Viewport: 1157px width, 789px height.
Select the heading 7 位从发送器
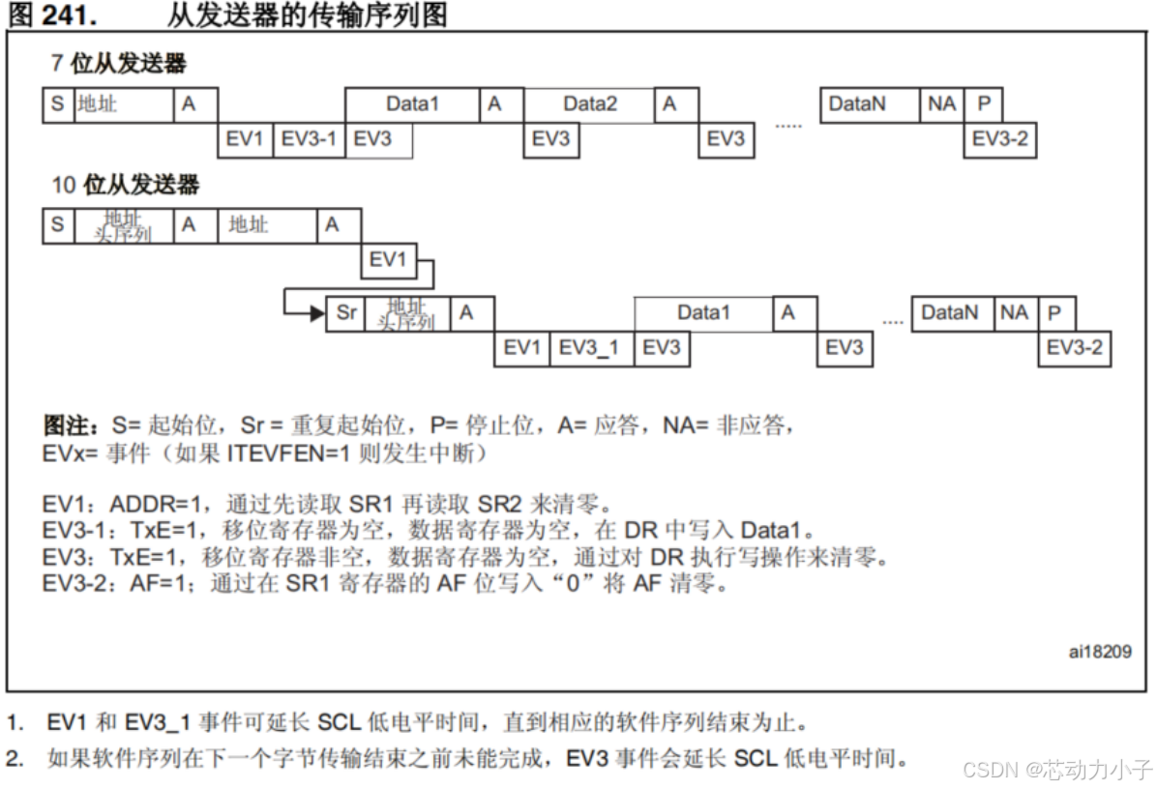[118, 65]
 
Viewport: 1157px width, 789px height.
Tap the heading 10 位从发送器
[125, 184]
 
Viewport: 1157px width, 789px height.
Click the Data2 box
[589, 103]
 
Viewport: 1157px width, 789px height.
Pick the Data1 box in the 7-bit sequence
[412, 103]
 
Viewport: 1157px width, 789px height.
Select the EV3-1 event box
[309, 139]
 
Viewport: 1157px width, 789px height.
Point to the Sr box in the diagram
[346, 313]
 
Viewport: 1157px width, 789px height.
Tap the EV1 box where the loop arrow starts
[388, 260]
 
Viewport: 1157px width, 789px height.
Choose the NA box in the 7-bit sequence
[941, 103]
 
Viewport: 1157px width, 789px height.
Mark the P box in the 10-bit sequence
[1055, 313]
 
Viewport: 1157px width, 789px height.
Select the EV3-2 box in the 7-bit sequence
[1000, 139]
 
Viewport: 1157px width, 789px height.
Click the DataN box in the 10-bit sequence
[949, 313]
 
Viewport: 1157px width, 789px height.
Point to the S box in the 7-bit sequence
[57, 103]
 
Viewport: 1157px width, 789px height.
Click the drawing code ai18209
[1100, 652]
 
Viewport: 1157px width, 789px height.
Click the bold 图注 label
[71, 426]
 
